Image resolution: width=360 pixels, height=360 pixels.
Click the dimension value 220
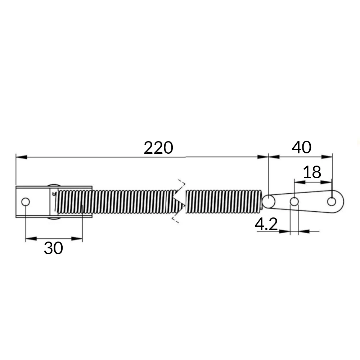click(158, 148)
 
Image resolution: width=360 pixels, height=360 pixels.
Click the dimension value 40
click(301, 148)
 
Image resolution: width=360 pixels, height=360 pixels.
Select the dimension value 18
click(312, 173)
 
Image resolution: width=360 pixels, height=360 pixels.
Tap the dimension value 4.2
click(266, 225)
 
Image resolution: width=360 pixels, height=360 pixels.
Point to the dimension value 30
click(53, 248)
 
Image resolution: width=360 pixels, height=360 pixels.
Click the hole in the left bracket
click(25, 202)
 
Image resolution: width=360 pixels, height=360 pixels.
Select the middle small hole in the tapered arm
click(294, 202)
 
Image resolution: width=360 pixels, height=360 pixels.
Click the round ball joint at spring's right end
click(268, 201)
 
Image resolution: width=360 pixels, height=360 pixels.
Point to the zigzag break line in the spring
click(178, 202)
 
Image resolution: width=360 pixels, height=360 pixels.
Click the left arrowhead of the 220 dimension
click(21, 157)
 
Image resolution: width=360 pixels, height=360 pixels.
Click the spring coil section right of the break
click(223, 202)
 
